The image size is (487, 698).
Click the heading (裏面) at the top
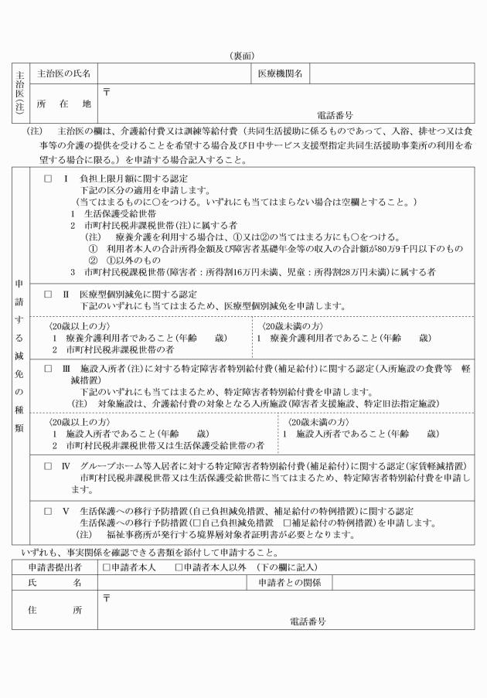pyautogui.click(x=243, y=56)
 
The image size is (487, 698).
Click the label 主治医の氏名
pyautogui.click(x=64, y=73)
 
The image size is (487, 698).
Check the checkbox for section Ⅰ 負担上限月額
pyautogui.click(x=47, y=178)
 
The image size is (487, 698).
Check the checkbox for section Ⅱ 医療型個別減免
pyautogui.click(x=47, y=295)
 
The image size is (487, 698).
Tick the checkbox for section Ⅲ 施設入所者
pyautogui.click(x=47, y=369)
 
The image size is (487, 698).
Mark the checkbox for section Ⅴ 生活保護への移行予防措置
pyautogui.click(x=47, y=511)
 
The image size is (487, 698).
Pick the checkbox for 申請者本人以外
pyautogui.click(x=179, y=568)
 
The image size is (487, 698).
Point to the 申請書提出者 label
pyautogui.click(x=53, y=568)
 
